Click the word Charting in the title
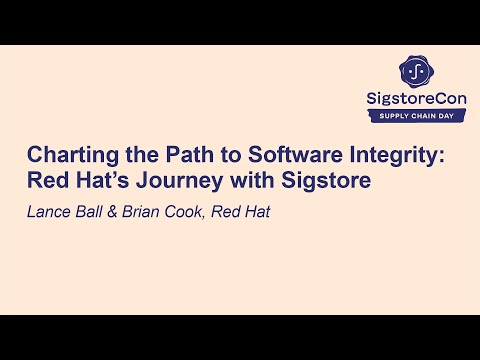click(66, 155)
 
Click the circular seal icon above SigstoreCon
click(414, 70)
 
